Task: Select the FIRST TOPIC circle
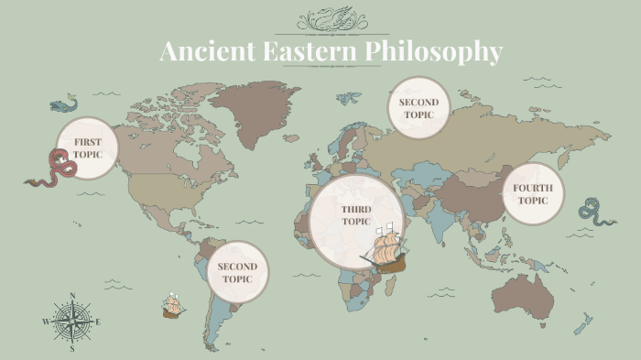88,147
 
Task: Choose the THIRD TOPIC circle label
355,215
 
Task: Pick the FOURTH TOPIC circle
533,194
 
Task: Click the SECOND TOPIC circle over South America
237,272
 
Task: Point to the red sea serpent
55,170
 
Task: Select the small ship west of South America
171,304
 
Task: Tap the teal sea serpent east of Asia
596,212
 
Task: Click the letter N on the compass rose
72,297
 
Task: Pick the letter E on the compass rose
98,322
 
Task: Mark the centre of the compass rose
72,322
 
